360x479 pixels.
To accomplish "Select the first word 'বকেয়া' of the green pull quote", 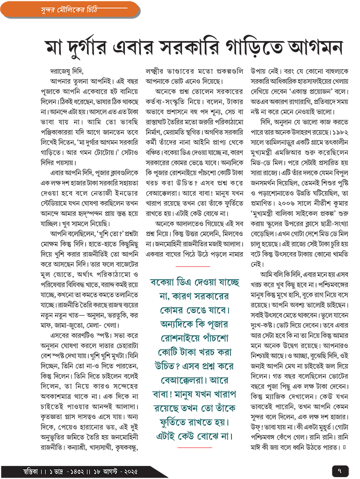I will click(166, 283).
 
